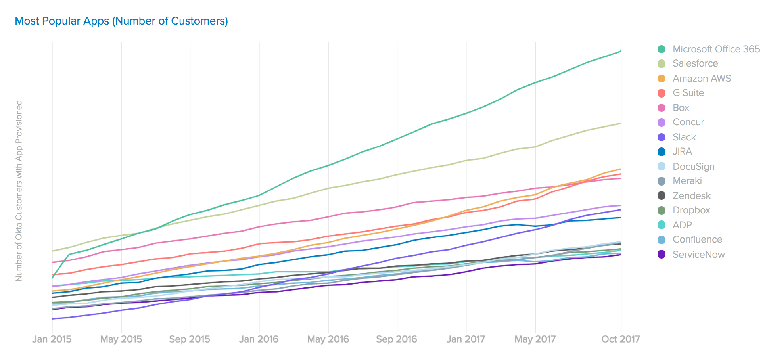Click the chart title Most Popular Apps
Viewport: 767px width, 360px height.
[x=121, y=21]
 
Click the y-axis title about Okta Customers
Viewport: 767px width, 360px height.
[x=19, y=191]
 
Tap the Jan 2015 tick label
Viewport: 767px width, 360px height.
[x=52, y=339]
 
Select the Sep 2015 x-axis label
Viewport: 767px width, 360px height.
[x=190, y=339]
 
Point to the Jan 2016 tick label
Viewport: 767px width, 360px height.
[x=259, y=339]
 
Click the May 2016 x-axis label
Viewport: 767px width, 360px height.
[x=328, y=339]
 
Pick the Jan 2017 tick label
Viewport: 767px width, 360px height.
[x=466, y=339]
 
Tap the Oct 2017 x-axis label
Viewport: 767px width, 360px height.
[x=621, y=339]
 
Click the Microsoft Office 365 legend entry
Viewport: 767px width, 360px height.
[x=716, y=49]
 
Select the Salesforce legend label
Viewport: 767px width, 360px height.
[x=695, y=63]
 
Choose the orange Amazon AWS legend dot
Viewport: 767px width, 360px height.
[x=662, y=79]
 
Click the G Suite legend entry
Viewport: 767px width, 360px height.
[x=688, y=93]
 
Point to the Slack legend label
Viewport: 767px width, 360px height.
[x=684, y=137]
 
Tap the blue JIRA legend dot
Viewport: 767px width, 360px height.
[x=662, y=151]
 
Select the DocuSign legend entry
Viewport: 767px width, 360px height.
[x=693, y=167]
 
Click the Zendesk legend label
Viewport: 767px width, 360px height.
[x=692, y=196]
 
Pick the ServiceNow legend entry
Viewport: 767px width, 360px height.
[x=698, y=255]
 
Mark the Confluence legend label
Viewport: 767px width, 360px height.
[x=697, y=239]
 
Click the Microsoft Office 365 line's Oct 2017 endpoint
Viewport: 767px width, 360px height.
[x=621, y=51]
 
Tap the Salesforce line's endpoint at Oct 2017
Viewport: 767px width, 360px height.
[x=621, y=123]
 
